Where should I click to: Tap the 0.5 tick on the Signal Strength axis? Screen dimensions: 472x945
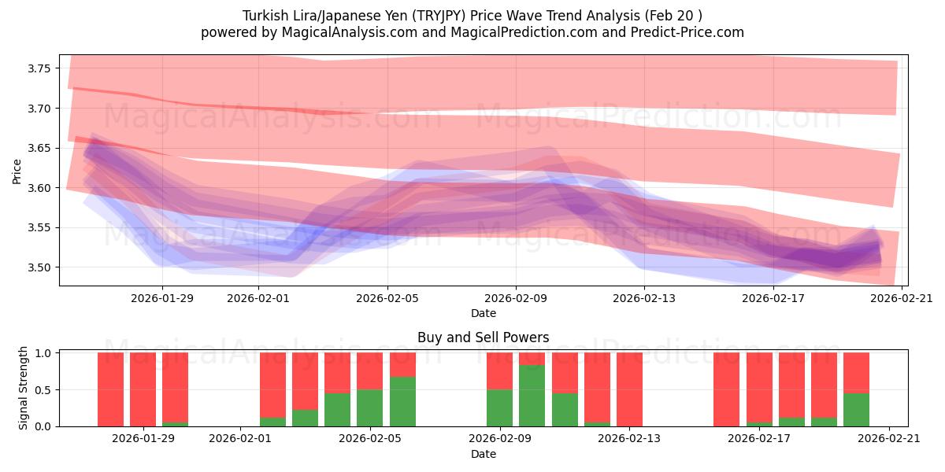(44, 389)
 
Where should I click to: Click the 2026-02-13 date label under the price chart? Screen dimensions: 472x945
(644, 297)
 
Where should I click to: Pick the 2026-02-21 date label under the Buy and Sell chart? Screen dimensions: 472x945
(888, 438)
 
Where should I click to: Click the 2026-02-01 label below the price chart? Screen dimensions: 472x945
(258, 297)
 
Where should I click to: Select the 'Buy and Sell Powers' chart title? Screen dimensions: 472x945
(483, 337)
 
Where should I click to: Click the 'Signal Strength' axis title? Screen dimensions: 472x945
(24, 387)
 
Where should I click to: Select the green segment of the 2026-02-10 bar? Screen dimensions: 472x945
(532, 395)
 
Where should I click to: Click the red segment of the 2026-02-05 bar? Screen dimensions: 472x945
(370, 371)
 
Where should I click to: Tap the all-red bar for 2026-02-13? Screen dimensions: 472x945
(629, 389)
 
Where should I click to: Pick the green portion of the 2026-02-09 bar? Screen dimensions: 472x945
(499, 407)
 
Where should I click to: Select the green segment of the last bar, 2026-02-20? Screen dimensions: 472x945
(856, 409)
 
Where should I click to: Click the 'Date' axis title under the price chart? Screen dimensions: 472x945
(483, 313)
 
